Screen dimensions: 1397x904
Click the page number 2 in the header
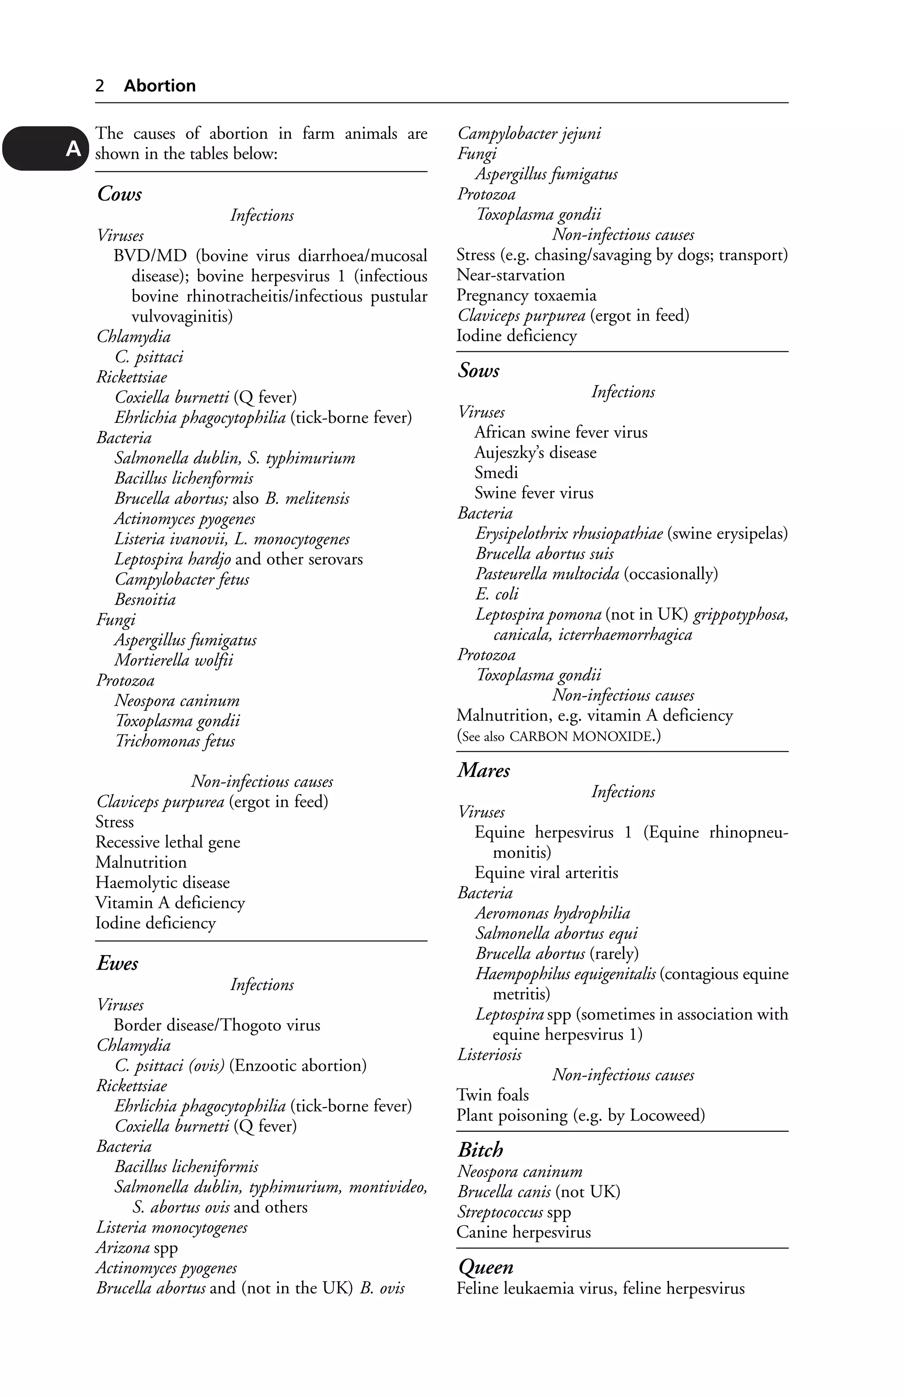point(100,86)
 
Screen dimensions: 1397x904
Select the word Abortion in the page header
point(160,86)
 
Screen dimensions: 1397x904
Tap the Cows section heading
point(120,194)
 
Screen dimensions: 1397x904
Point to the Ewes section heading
point(117,963)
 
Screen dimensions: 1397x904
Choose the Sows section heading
point(479,370)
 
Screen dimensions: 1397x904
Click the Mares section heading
point(484,770)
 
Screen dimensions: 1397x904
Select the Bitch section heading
point(480,1149)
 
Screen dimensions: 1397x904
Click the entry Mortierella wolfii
point(174,660)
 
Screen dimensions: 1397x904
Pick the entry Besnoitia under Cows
point(145,599)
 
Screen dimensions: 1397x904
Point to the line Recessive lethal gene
point(168,842)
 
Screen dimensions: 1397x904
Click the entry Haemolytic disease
point(162,883)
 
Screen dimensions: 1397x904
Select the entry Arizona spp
point(137,1247)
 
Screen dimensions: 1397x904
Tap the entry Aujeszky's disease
point(535,452)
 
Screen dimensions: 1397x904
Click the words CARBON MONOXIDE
point(581,736)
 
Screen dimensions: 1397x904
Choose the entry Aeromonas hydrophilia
point(552,913)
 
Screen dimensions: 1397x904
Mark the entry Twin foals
point(493,1095)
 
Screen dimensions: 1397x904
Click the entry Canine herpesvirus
point(524,1232)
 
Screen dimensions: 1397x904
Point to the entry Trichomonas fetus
point(175,742)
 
